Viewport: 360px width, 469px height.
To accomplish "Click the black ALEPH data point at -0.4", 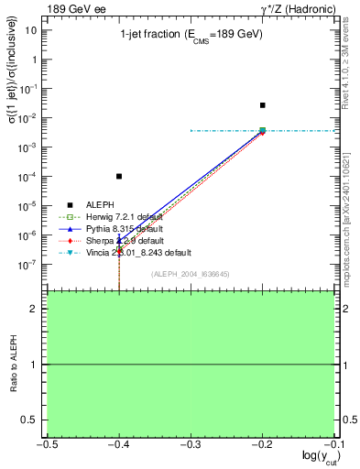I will [119, 176].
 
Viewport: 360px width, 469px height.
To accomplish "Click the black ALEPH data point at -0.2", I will [263, 105].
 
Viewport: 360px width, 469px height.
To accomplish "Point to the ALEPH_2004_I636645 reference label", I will [190, 274].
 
